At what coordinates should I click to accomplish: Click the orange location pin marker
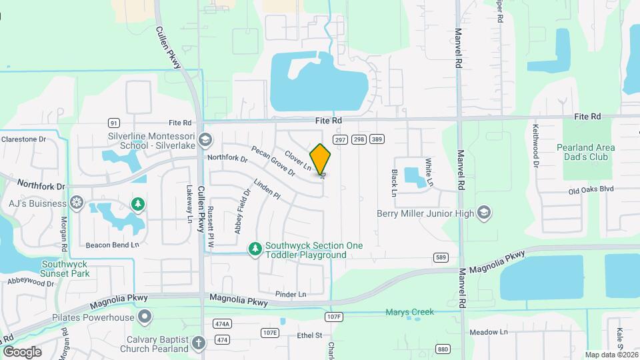[321, 159]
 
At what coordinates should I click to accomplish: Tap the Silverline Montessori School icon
[205, 140]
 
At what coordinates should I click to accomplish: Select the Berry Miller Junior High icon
[485, 213]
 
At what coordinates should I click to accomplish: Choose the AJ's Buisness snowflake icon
[77, 203]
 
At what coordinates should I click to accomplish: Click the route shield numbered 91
[114, 123]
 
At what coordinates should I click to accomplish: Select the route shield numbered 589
[440, 257]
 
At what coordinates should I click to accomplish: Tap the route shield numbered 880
[443, 349]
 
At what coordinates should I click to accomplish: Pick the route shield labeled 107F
[333, 316]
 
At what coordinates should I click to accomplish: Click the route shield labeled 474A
[222, 324]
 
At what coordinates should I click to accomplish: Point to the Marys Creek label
[409, 312]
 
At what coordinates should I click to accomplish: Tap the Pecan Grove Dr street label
[273, 161]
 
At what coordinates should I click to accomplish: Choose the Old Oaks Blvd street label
[591, 189]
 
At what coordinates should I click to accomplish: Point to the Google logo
[22, 351]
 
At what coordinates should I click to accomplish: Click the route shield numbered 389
[377, 139]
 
